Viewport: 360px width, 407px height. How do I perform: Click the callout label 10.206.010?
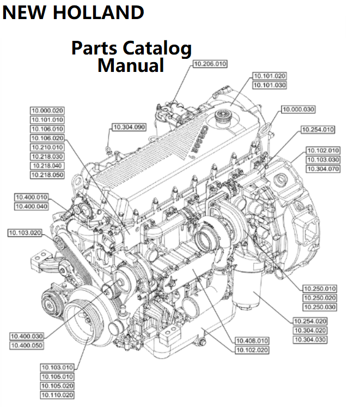click(210, 64)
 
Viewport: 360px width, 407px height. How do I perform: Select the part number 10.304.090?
click(129, 127)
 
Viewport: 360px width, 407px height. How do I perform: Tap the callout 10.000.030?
click(298, 110)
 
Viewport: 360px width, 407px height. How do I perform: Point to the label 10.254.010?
click(318, 130)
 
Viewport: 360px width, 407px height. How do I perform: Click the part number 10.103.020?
click(25, 233)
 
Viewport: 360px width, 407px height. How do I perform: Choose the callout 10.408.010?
click(252, 341)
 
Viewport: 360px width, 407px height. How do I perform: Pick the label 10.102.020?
click(252, 350)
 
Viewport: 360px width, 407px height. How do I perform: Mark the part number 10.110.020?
click(57, 395)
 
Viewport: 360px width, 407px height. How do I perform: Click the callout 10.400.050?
click(27, 345)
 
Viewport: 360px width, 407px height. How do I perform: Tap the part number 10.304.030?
click(310, 340)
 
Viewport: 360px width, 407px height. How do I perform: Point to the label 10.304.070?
click(323, 169)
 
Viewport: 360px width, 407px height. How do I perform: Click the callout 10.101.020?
click(270, 76)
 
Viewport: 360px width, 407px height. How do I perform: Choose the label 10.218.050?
click(47, 175)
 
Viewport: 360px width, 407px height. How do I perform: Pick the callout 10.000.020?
click(47, 110)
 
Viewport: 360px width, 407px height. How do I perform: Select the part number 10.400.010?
click(31, 197)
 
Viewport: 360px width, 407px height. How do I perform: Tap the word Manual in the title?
click(131, 66)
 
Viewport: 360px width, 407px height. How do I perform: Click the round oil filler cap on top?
click(223, 116)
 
